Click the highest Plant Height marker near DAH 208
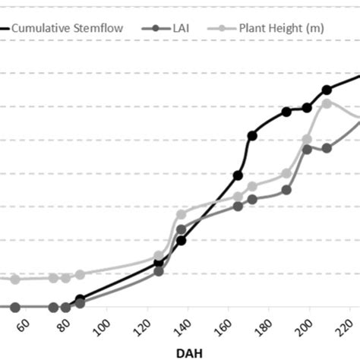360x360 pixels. (x=327, y=103)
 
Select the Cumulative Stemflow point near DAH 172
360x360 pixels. (x=252, y=135)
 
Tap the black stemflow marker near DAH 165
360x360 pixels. (x=238, y=175)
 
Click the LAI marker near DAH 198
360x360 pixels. (x=307, y=148)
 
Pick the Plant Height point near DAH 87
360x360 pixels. (x=80, y=274)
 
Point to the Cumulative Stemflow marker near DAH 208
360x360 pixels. (x=327, y=90)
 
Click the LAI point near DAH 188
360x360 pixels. (x=287, y=190)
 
